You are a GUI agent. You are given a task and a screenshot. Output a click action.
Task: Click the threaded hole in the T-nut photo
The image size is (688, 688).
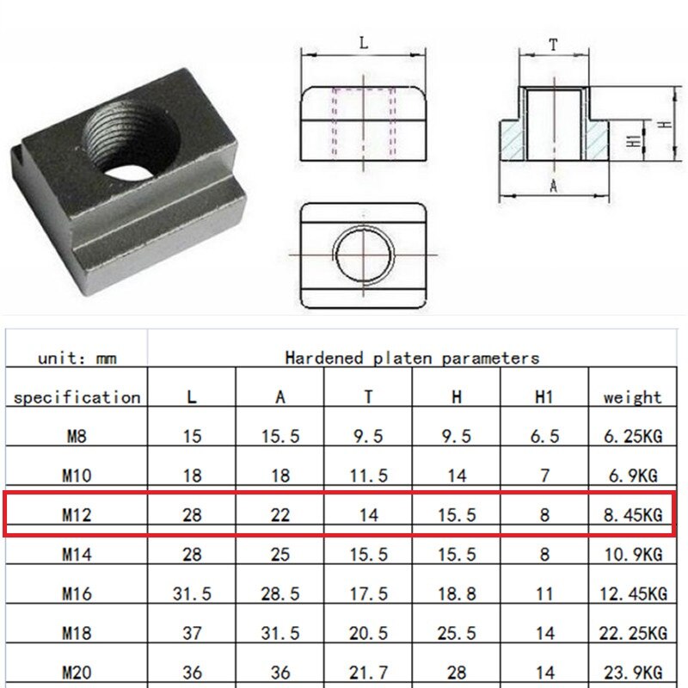click(131, 139)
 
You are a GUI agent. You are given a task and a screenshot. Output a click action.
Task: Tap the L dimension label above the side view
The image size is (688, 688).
click(364, 43)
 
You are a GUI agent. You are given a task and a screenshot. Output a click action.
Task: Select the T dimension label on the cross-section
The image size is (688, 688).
click(553, 45)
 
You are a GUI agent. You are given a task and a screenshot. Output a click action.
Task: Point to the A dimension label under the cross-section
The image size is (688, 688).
click(553, 186)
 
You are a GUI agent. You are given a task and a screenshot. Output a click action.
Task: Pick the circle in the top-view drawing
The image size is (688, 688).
click(363, 255)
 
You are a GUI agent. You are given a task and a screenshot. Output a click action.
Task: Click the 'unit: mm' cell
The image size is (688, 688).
click(77, 359)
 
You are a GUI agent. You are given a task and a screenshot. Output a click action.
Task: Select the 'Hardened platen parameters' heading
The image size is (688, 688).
click(412, 358)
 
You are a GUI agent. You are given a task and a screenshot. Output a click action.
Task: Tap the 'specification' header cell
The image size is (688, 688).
click(77, 397)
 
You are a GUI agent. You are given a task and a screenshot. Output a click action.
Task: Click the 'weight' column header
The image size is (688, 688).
click(632, 397)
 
